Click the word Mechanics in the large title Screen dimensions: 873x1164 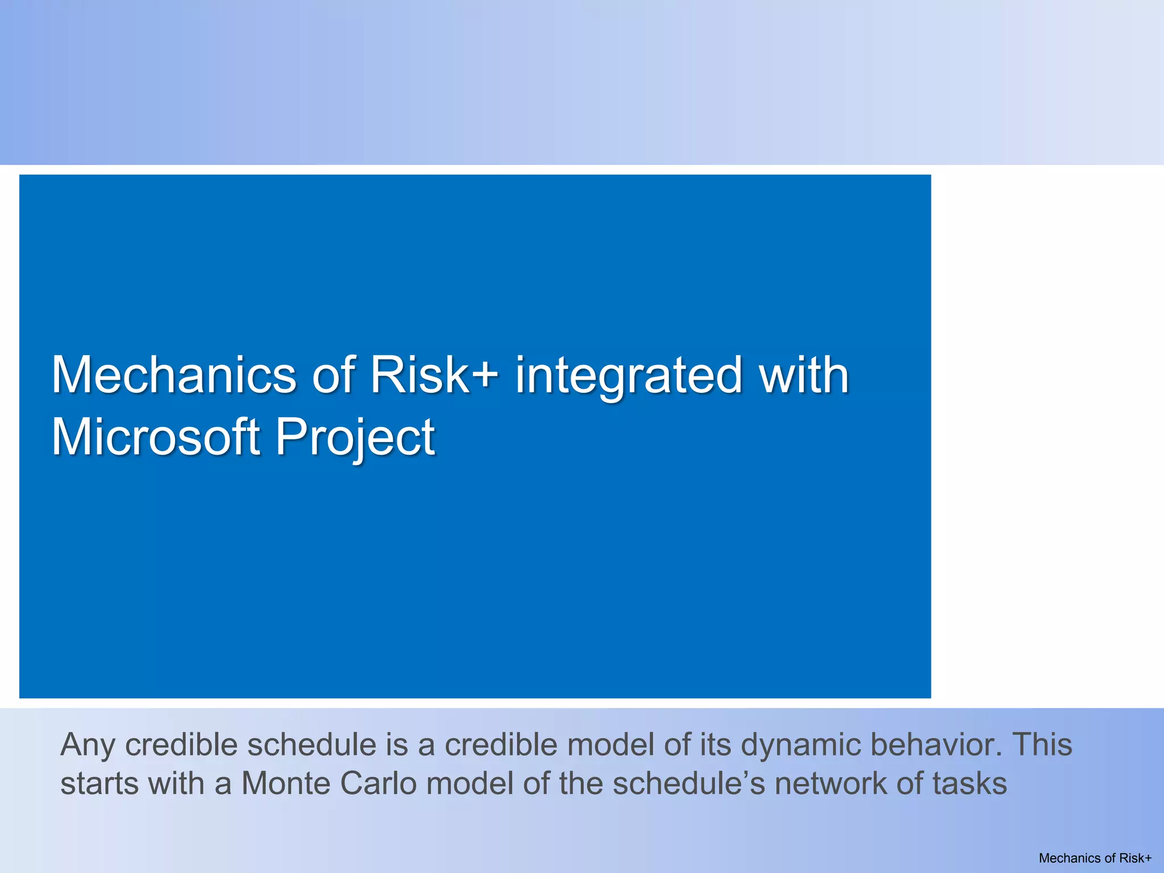point(174,375)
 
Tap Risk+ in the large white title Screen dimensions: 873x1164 point(434,375)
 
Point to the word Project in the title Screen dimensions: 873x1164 point(355,437)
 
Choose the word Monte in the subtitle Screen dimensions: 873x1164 point(286,784)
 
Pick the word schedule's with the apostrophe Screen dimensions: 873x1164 point(689,784)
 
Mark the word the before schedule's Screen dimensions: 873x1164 point(581,784)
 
